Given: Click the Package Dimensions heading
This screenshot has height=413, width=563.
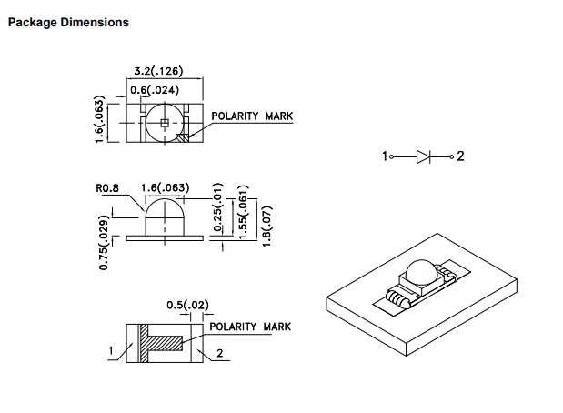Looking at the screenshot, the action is pos(68,22).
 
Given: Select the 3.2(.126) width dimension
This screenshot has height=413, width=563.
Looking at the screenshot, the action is pos(158,71).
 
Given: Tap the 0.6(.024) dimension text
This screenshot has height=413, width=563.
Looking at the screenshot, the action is pos(155,90).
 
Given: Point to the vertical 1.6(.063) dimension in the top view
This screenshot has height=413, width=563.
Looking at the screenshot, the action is pos(99,119).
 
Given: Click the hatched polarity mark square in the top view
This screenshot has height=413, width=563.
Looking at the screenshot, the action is pos(182,138).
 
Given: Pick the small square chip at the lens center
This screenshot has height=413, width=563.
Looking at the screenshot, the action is pos(165,123).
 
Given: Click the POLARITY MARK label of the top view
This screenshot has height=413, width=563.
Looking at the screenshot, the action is pos(252,116).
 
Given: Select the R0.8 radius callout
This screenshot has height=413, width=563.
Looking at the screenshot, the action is pos(107,188).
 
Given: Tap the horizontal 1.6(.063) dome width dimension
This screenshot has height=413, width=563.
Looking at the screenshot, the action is pos(165,187).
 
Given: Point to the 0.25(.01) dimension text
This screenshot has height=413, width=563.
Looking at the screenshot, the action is pos(218,207).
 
